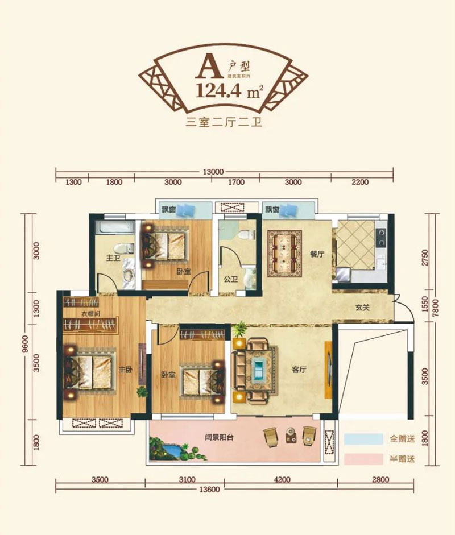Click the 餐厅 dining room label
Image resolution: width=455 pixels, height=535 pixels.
point(317,255)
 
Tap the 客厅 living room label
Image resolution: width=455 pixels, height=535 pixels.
point(300,370)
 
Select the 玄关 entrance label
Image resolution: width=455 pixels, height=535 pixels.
point(363,308)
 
